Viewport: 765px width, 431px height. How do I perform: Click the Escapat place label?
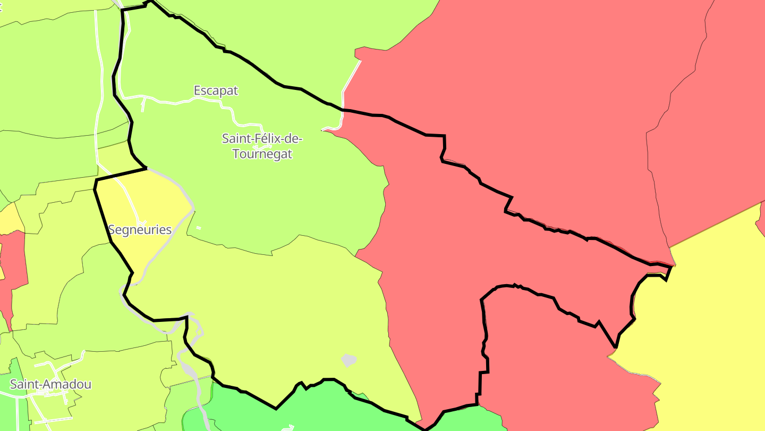(216, 90)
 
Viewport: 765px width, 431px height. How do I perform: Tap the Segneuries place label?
(140, 230)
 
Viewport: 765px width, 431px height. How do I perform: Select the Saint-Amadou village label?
(50, 384)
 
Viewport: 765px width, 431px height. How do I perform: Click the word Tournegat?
(262, 154)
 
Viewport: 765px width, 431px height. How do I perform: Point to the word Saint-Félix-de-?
(262, 139)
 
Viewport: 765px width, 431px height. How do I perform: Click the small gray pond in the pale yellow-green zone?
(348, 360)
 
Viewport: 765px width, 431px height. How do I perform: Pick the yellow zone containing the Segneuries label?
(154, 202)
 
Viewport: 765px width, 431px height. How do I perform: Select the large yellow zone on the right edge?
(707, 319)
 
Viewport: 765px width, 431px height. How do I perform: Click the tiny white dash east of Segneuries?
(199, 228)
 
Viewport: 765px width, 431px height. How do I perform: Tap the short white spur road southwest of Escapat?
(143, 105)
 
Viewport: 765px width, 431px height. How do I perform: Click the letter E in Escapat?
(198, 90)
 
